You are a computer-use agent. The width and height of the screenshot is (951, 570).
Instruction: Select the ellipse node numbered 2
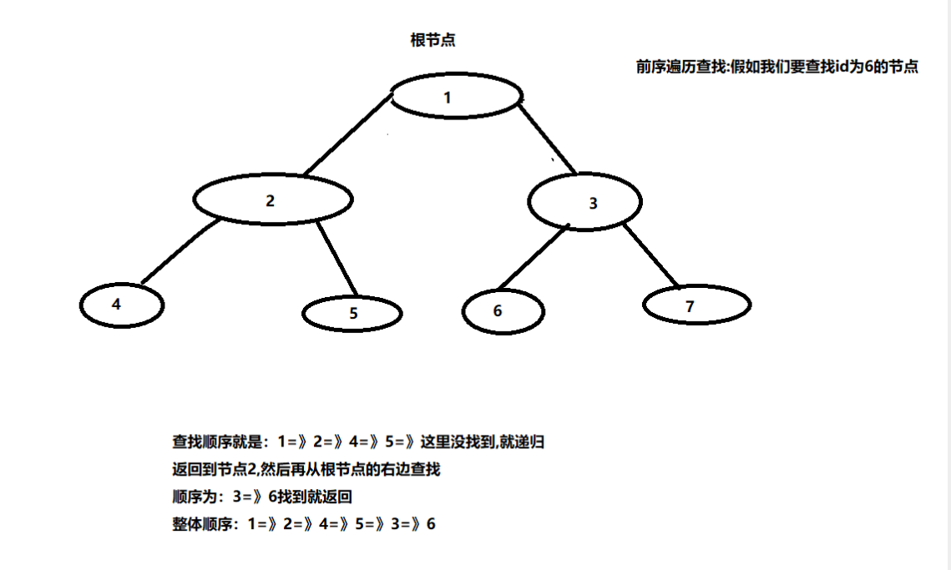[272, 199]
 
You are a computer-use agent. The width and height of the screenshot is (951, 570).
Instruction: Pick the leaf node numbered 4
[122, 305]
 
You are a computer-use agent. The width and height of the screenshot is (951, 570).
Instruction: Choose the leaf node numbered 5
[352, 313]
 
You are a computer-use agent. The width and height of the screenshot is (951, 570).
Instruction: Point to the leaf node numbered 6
[503, 311]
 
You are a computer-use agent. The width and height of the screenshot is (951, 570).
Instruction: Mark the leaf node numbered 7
[696, 305]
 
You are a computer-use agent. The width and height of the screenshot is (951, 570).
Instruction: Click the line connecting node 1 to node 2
[347, 135]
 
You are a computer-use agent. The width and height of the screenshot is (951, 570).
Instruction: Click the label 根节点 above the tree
[433, 40]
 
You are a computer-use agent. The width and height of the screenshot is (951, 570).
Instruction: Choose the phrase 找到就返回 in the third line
[319, 497]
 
